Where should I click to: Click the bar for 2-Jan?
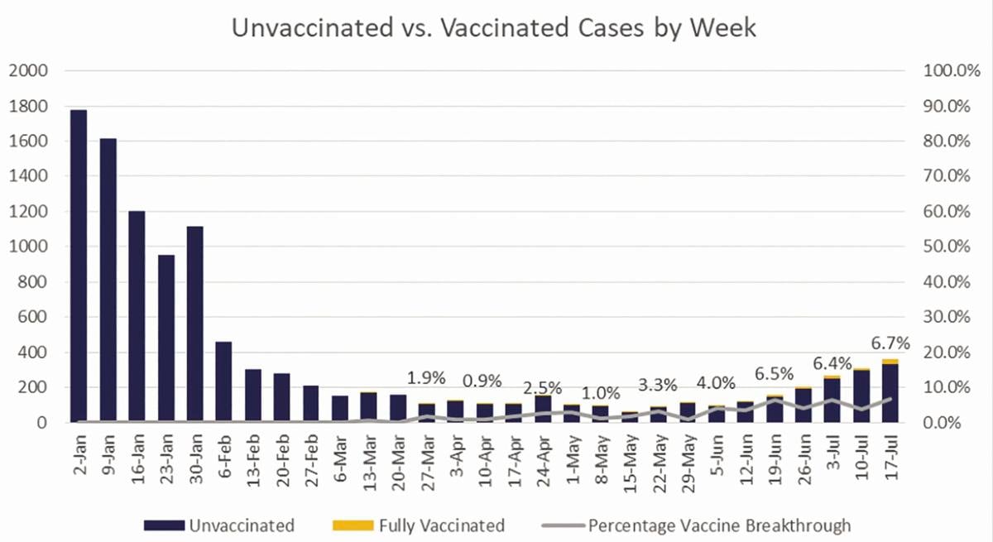(x=79, y=265)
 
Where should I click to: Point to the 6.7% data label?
(x=890, y=343)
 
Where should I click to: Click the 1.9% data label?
(x=426, y=378)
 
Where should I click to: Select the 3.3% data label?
(x=658, y=385)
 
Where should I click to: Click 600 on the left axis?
(x=30, y=317)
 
